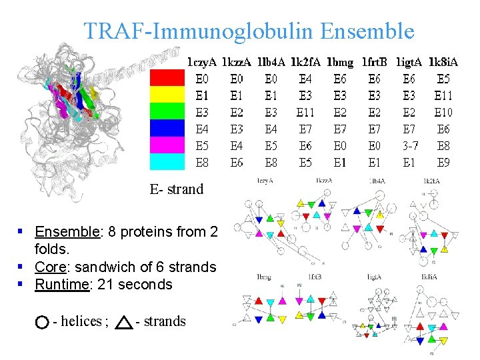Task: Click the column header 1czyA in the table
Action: click(201, 63)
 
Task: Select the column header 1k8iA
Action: click(443, 63)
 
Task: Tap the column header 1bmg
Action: click(340, 63)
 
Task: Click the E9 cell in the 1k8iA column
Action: click(443, 162)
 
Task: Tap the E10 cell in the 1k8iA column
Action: click(443, 112)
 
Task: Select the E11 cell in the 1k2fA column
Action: click(305, 112)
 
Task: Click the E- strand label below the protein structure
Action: click(177, 189)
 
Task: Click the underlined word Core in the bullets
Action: click(52, 267)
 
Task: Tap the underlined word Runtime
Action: click(61, 285)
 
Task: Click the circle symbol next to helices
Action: click(41, 323)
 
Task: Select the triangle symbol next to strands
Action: click(124, 323)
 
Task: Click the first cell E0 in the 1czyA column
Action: click(201, 79)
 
